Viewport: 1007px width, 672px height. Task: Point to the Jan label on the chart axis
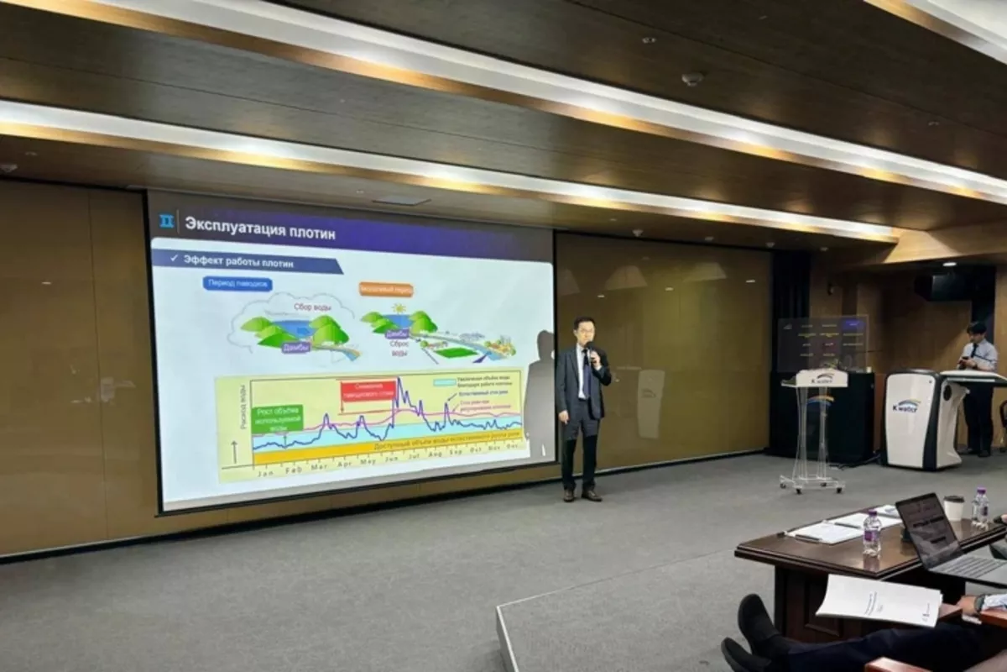click(x=265, y=473)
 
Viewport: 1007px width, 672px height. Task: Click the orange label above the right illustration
click(x=386, y=289)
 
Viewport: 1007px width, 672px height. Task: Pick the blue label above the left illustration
click(x=237, y=284)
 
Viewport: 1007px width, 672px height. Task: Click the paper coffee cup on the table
click(x=953, y=507)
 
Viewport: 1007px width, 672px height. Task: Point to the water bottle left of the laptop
click(x=872, y=533)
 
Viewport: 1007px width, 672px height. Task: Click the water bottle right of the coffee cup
click(x=979, y=507)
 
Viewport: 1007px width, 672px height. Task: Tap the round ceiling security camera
click(x=692, y=78)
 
